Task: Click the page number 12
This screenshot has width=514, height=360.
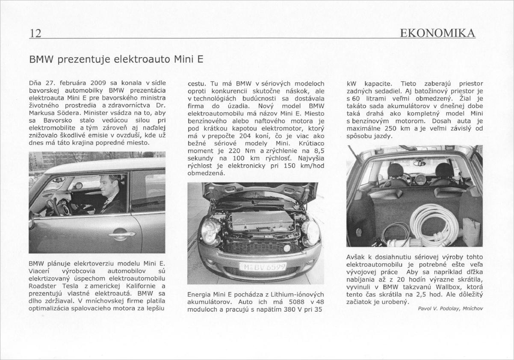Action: pos(35,33)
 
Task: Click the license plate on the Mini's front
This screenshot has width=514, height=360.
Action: pos(263,267)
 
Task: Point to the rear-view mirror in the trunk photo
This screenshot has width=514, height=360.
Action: pos(419,163)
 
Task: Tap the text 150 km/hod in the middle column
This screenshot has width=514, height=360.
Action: pos(304,166)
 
